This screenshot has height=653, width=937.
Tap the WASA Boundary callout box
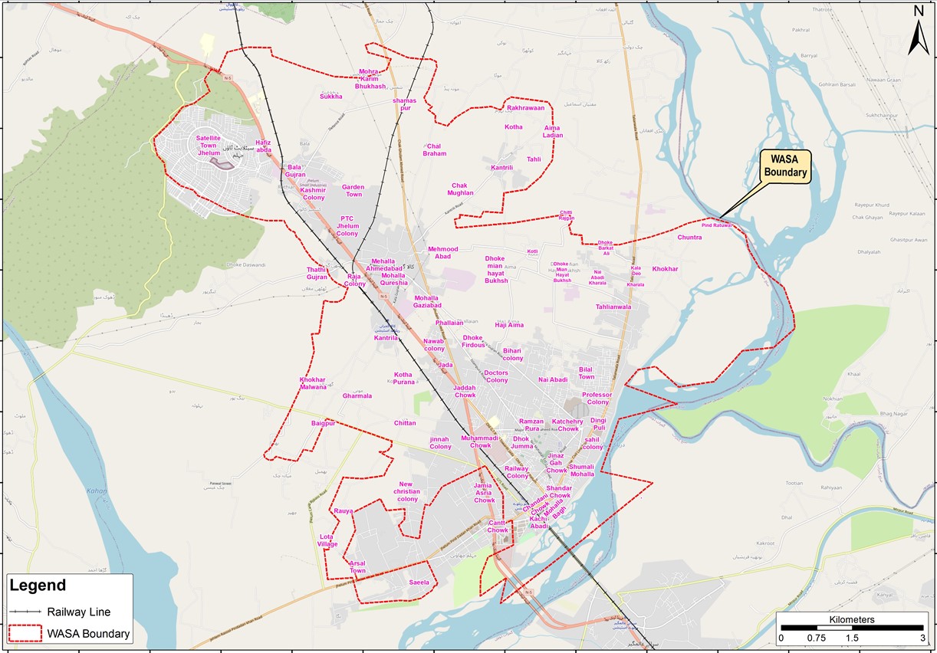click(786, 166)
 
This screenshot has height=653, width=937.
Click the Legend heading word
click(38, 586)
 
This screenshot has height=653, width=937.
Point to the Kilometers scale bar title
click(852, 619)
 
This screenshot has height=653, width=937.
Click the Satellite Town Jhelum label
click(209, 146)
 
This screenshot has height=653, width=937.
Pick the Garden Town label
click(353, 191)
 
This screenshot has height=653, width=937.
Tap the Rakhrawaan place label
click(525, 108)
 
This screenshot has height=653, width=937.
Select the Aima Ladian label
click(552, 132)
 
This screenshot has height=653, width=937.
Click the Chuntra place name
click(689, 238)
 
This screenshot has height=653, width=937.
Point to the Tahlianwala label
click(613, 307)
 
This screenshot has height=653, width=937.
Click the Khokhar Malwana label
click(313, 383)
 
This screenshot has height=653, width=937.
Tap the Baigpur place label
click(324, 423)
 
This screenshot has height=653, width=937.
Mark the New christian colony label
click(406, 491)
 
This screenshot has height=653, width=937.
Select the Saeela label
click(419, 582)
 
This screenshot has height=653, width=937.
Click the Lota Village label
click(327, 540)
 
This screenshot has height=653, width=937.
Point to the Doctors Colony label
click(496, 376)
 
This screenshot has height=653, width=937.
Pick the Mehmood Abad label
click(442, 253)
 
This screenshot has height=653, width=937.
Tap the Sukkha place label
click(331, 97)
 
